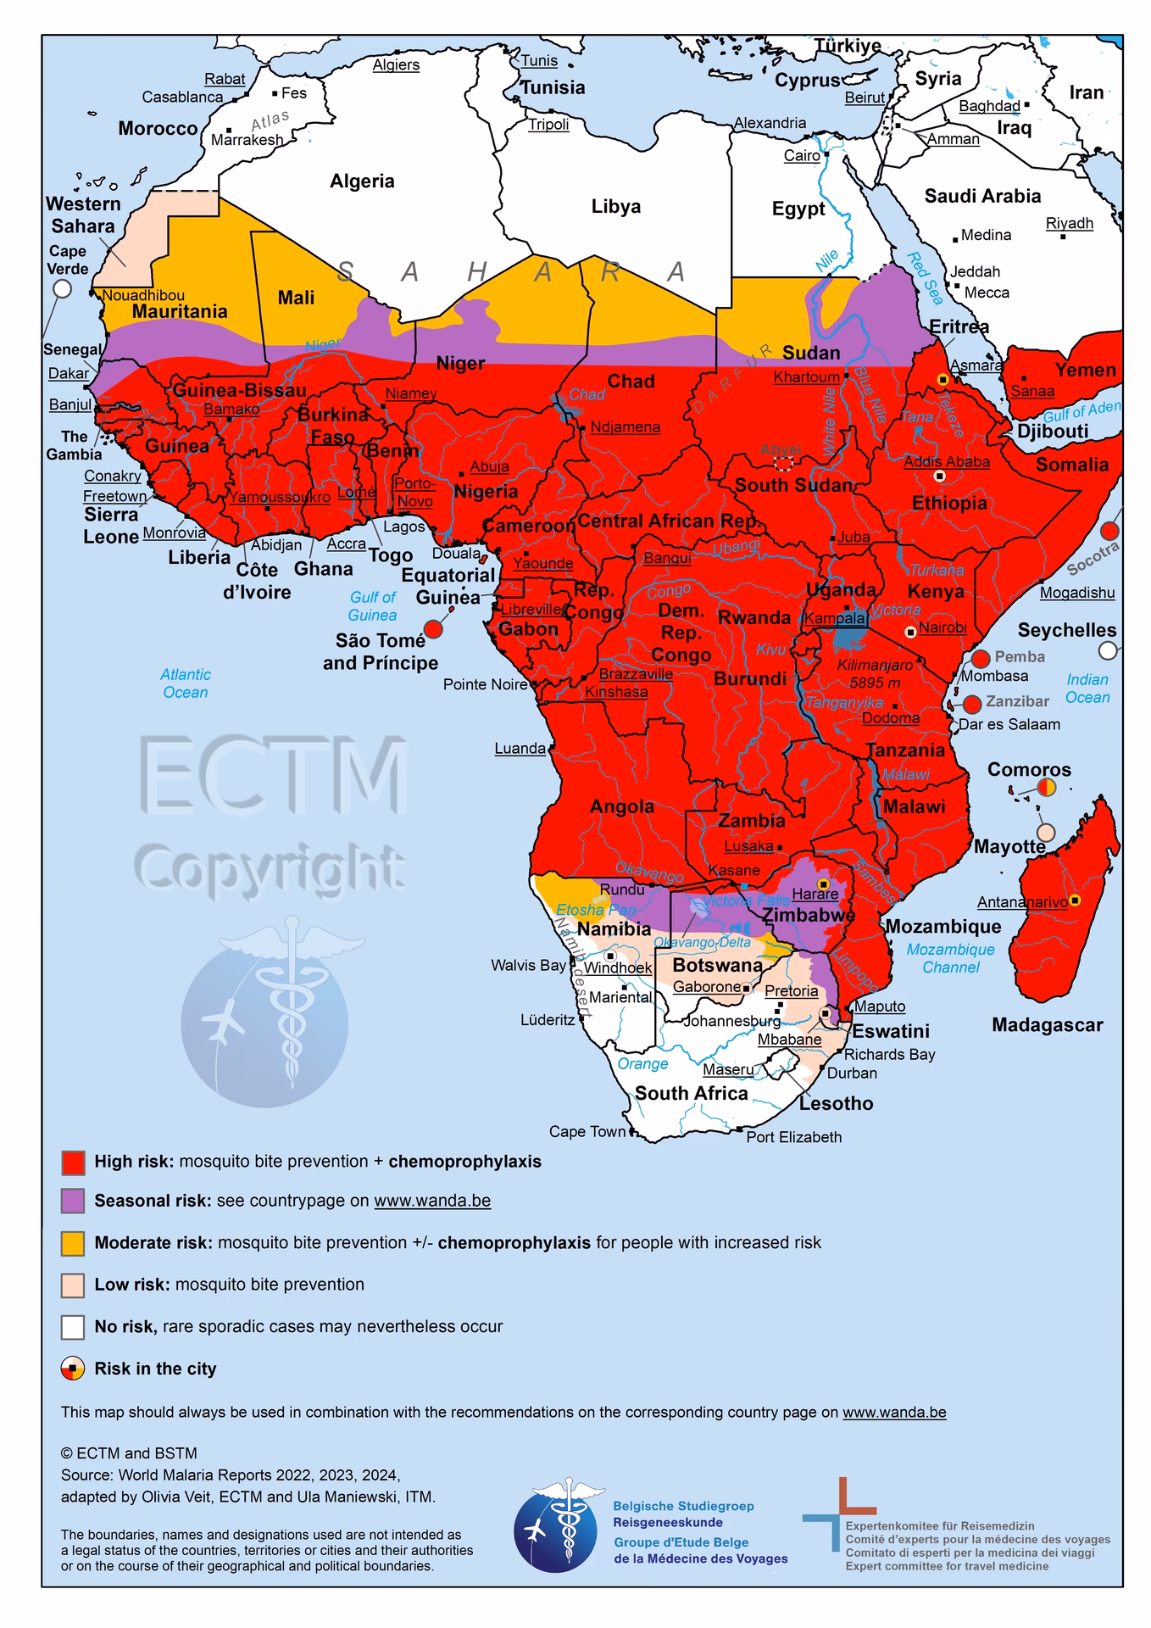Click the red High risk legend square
coord(73,1162)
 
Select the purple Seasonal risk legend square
coord(73,1201)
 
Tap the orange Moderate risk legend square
coord(73,1243)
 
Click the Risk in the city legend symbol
coord(72,1369)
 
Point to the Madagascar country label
coord(1047,1024)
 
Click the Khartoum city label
coord(806,376)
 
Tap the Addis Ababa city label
coord(946,462)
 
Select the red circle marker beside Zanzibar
coord(972,704)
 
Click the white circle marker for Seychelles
coord(1108,650)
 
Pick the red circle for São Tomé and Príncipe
coord(432,628)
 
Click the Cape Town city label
coord(587,1131)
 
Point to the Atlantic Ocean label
coord(186,683)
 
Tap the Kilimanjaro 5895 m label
coord(875,674)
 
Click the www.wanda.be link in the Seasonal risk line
coord(432,1201)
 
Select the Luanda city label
coord(520,748)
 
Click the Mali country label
coord(296,298)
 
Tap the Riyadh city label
coord(1069,223)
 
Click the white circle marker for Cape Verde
coord(62,288)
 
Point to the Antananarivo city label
coord(1022,902)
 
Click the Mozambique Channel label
coord(950,958)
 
